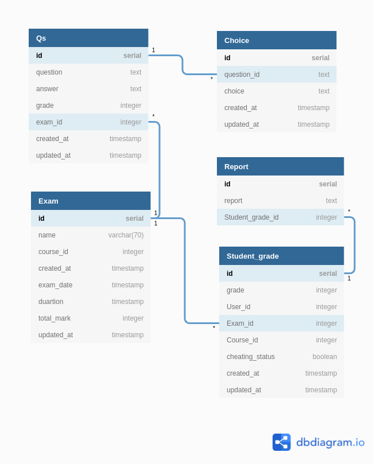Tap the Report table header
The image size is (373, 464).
pyautogui.click(x=280, y=166)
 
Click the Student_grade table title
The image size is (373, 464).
pyautogui.click(x=281, y=256)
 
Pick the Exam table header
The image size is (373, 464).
pyautogui.click(x=91, y=201)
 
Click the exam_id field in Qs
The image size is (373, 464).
pyautogui.click(x=49, y=122)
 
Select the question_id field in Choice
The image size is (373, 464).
pyautogui.click(x=242, y=75)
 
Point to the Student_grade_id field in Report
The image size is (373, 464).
pyautogui.click(x=251, y=217)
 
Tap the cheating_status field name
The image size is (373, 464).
pyautogui.click(x=251, y=357)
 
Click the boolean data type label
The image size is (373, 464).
pyautogui.click(x=324, y=357)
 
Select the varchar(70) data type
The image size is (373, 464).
pyautogui.click(x=126, y=235)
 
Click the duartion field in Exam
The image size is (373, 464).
pyautogui.click(x=51, y=302)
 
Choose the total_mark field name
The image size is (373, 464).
pyautogui.click(x=55, y=318)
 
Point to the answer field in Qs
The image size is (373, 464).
pyautogui.click(x=47, y=89)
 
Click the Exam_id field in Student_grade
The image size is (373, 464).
pyautogui.click(x=240, y=323)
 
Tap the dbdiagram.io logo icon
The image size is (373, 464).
pyautogui.click(x=281, y=442)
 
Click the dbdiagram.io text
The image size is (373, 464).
pyautogui.click(x=330, y=442)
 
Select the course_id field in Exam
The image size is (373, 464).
pyautogui.click(x=53, y=252)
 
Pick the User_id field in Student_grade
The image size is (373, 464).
pyautogui.click(x=238, y=307)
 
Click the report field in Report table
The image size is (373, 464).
pyautogui.click(x=233, y=201)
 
